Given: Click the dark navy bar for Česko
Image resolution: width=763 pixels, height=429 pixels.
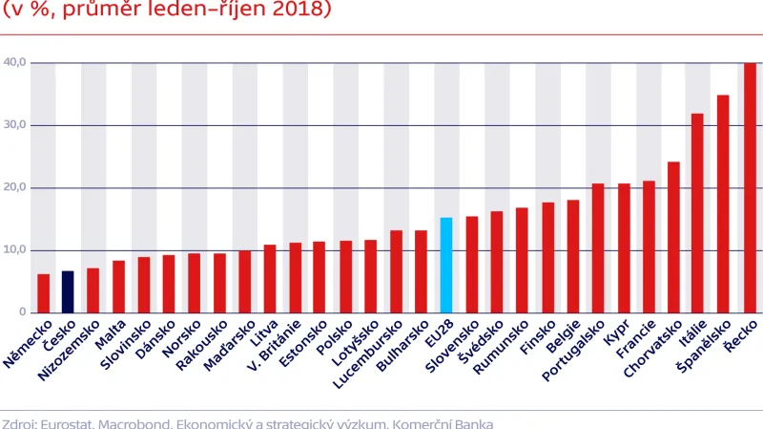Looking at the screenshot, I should (68, 292).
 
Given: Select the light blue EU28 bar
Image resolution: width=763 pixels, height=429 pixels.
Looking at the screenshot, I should (445, 266).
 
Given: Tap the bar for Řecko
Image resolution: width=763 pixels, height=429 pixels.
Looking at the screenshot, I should (750, 188).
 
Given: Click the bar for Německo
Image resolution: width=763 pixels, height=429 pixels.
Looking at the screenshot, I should (43, 293).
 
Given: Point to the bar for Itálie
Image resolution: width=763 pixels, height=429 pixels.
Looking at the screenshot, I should (698, 213).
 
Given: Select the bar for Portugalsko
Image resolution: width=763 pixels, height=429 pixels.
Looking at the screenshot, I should (598, 248).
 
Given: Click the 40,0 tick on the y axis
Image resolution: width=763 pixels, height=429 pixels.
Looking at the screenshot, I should (14, 63).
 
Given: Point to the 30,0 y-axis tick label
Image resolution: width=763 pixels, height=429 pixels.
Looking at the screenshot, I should (14, 125).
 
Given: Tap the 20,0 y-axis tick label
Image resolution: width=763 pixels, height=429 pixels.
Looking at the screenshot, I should (14, 188).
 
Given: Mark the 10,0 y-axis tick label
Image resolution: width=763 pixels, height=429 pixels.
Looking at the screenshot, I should (14, 250).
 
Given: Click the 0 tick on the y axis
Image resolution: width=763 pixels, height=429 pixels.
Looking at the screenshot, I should (22, 312).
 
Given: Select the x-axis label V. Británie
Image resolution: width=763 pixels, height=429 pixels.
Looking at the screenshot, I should (276, 349).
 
